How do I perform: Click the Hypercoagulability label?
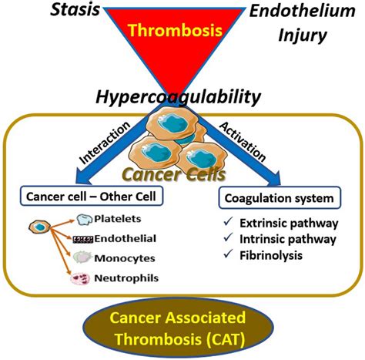click(x=174, y=97)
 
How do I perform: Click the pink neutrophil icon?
click(x=80, y=278)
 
